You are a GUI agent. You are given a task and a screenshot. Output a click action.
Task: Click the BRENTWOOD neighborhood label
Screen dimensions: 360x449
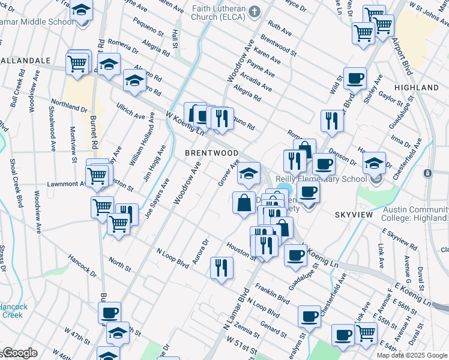[211, 153]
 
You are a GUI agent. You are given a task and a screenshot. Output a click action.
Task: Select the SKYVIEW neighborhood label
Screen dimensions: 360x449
[354, 214]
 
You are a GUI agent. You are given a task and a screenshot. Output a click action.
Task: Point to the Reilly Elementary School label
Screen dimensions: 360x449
[321, 179]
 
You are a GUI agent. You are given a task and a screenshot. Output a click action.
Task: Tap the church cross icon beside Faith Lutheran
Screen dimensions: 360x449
[255, 11]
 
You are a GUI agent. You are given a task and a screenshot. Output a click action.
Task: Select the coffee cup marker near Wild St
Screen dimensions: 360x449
[355, 78]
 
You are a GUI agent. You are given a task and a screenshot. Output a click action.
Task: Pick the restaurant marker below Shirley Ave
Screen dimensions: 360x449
[332, 121]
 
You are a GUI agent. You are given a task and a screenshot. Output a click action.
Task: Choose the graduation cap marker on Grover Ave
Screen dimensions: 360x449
[249, 173]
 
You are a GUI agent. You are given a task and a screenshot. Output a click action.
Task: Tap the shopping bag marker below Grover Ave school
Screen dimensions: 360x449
[244, 202]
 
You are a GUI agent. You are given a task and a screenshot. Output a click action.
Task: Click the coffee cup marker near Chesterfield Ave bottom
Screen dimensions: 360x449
[310, 316]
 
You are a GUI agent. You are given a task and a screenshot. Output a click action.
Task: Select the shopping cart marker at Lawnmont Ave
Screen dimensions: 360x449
[97, 175]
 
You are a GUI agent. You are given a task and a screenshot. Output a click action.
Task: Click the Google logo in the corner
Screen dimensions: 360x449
[19, 353]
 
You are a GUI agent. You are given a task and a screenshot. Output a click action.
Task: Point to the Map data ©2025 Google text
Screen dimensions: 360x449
[411, 355]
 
